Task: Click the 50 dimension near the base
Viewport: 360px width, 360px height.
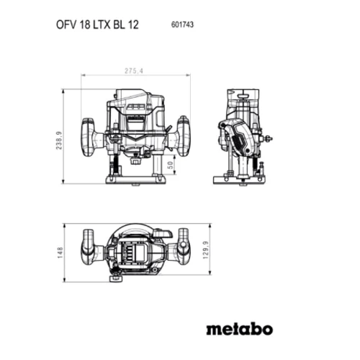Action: [x=170, y=165]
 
